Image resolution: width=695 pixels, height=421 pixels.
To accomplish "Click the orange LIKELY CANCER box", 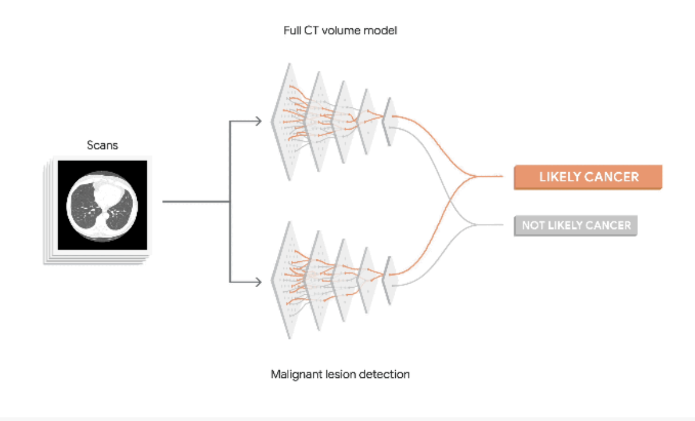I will point(588,177).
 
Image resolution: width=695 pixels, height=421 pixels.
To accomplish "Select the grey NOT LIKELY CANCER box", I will point(575,225).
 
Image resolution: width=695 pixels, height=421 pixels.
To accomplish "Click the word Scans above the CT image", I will point(102,144).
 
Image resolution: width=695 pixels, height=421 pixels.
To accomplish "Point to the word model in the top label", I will point(382,30).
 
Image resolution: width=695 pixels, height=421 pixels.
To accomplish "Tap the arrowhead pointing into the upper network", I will point(257,121).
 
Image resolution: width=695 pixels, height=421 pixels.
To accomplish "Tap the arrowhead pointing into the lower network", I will point(257,282).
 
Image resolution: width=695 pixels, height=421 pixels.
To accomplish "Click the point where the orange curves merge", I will point(475,176).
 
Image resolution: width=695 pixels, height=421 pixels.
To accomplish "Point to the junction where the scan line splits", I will point(229,202).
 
